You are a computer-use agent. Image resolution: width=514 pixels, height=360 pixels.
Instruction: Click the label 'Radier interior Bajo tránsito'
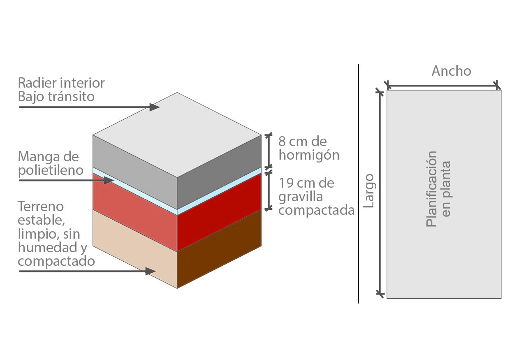pos(61,89)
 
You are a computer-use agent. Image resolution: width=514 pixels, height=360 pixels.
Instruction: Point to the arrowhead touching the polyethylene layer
pos(109,181)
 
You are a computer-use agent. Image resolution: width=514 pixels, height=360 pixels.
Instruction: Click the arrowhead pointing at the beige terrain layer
pos(150,271)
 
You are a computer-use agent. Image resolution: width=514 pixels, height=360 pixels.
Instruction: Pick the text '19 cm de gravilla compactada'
pos(316,197)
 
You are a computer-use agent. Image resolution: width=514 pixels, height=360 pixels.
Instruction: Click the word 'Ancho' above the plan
pos(451,71)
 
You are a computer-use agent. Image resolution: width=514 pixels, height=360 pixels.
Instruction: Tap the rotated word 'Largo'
pos(369,190)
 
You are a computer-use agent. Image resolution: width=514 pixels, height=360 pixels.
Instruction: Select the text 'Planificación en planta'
pos(438,189)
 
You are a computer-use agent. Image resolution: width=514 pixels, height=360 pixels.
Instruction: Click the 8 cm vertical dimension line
pos(269,150)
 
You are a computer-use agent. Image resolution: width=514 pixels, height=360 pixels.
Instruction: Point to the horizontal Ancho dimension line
pos(442,86)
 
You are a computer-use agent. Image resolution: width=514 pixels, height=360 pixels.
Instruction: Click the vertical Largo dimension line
pos(380,191)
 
